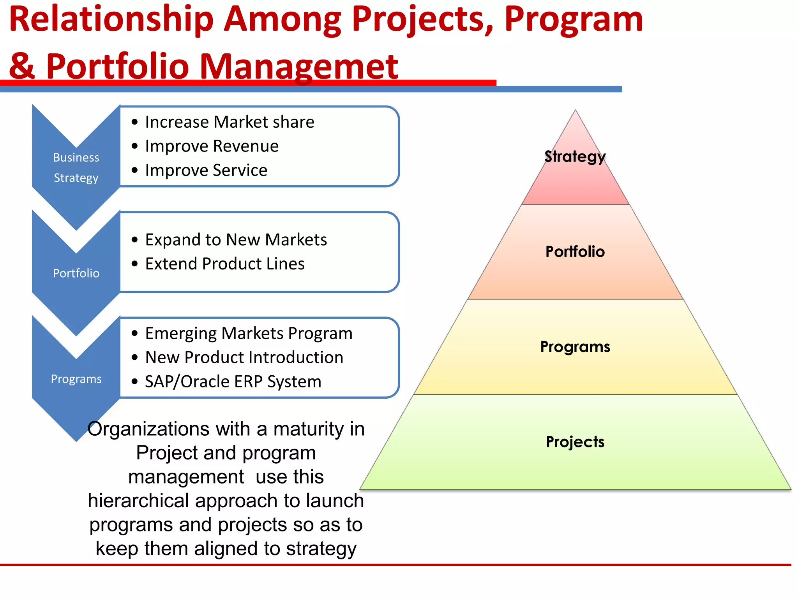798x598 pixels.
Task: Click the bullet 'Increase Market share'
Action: (x=229, y=122)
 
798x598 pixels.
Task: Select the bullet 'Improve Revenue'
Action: (x=212, y=146)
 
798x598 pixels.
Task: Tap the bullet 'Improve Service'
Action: (x=206, y=171)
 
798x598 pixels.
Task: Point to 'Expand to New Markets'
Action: (x=236, y=240)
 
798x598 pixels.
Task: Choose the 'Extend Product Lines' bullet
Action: (x=225, y=264)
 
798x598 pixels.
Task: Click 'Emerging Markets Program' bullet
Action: (x=249, y=334)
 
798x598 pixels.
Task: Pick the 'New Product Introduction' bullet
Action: (x=244, y=357)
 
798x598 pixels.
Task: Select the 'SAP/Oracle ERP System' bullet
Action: (x=233, y=382)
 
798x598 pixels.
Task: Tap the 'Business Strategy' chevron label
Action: (x=76, y=168)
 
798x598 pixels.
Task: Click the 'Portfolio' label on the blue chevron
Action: (x=76, y=273)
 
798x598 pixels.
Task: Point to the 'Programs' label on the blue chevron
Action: (x=76, y=379)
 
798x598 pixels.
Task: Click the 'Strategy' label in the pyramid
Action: (x=575, y=157)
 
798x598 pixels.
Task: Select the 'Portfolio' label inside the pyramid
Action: (x=575, y=252)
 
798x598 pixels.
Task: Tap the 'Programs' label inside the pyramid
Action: (x=575, y=346)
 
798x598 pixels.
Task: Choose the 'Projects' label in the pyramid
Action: (x=575, y=442)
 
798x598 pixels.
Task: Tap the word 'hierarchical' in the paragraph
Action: (x=139, y=501)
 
